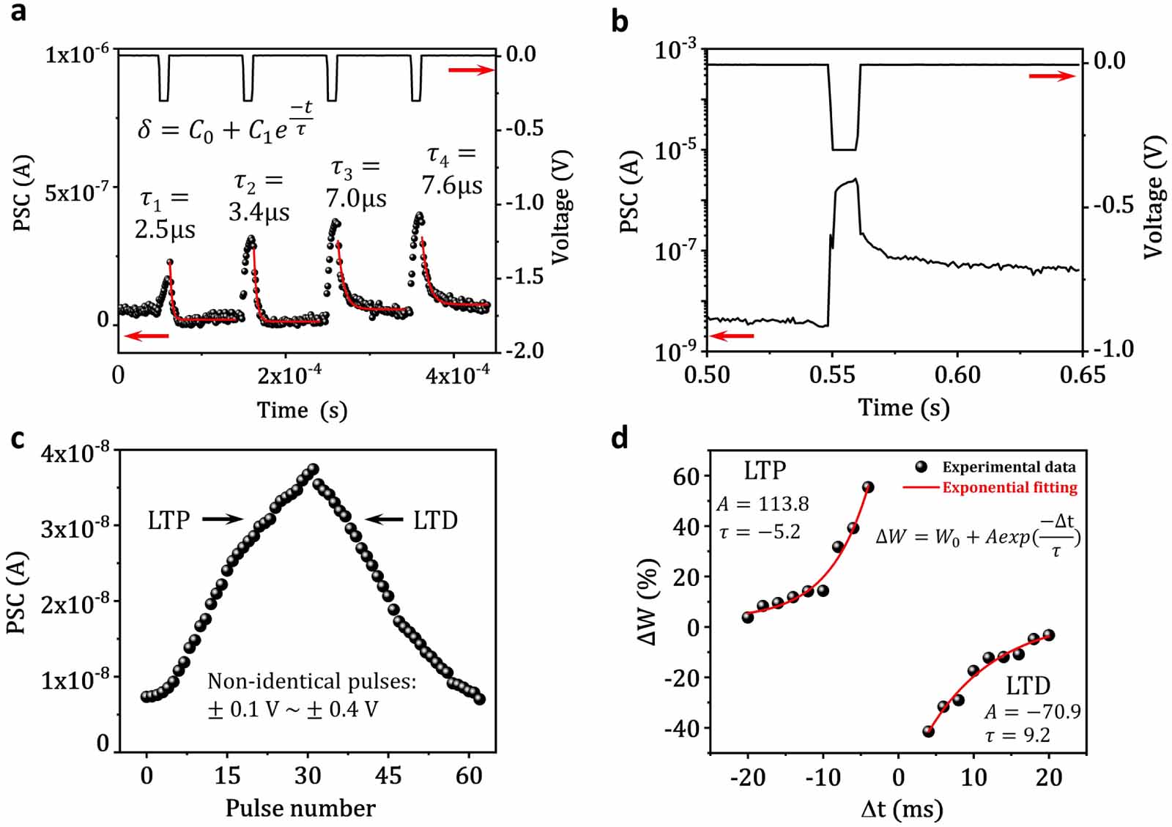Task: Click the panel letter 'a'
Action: [18, 12]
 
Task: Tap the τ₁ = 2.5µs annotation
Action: [165, 215]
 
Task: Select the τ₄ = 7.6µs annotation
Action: [452, 170]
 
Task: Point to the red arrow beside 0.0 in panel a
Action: [471, 70]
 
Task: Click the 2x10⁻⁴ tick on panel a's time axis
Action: [289, 375]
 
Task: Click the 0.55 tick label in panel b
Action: [832, 375]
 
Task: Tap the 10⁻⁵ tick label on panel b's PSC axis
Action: [675, 150]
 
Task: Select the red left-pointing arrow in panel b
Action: [732, 336]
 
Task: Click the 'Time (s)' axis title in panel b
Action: [903, 407]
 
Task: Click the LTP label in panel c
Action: [168, 520]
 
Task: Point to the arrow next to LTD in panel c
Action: [385, 519]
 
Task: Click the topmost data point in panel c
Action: [314, 469]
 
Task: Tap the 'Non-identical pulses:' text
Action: [311, 681]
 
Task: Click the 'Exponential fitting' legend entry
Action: [1009, 487]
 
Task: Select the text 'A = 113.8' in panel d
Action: [763, 504]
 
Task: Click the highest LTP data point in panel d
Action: [868, 487]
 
